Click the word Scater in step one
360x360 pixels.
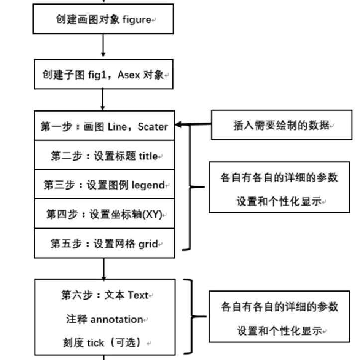tap(153, 127)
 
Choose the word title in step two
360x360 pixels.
tap(148, 156)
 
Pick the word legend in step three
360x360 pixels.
tap(148, 185)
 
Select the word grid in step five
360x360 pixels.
tap(148, 244)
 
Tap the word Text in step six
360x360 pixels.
tap(138, 295)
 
